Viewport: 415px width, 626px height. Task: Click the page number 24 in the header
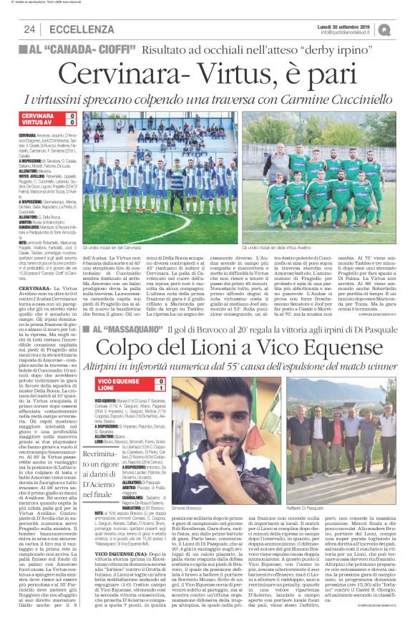tap(29, 29)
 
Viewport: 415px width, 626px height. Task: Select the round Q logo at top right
tap(400, 29)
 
